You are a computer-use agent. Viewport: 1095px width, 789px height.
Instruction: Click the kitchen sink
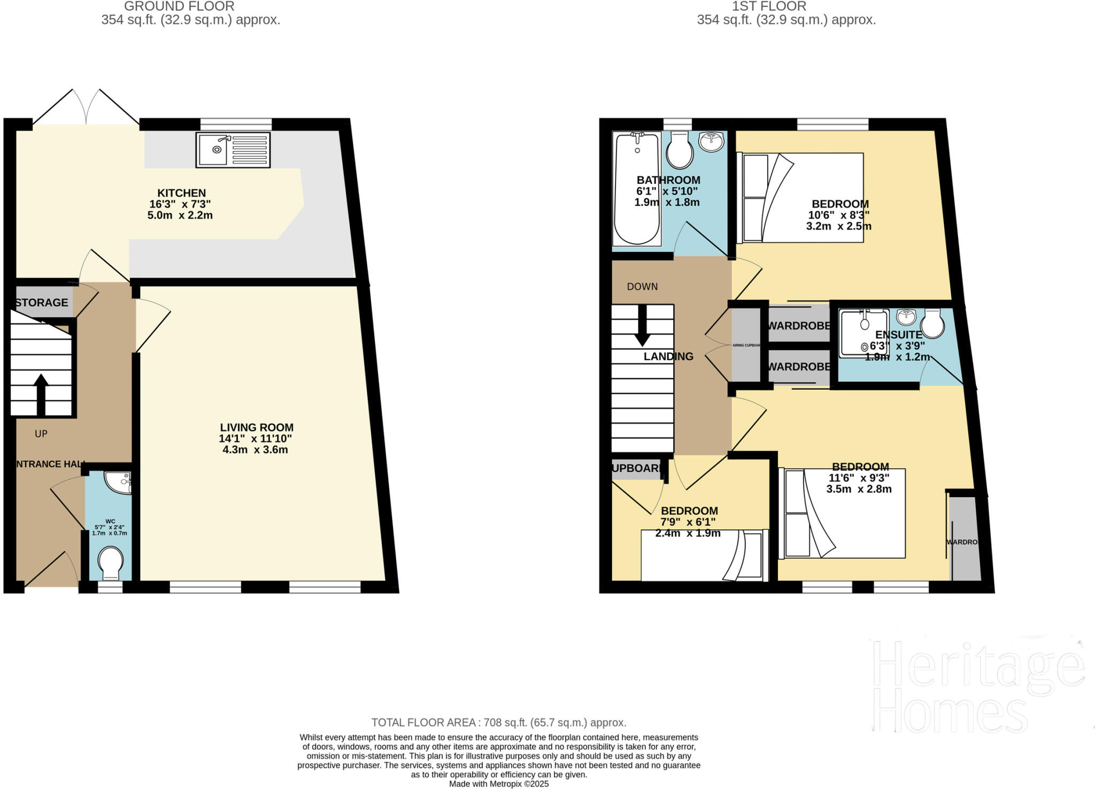[x=233, y=149]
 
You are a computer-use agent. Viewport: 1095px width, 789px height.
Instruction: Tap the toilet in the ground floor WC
[x=111, y=563]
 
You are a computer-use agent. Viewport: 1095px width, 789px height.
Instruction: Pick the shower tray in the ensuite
[x=863, y=332]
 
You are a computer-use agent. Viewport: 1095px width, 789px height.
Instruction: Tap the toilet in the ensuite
[x=932, y=323]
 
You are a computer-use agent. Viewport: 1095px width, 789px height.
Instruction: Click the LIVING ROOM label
[x=257, y=428]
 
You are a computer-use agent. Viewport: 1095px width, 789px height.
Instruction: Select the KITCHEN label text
[x=181, y=193]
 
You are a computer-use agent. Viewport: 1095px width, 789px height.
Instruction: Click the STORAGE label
[x=42, y=303]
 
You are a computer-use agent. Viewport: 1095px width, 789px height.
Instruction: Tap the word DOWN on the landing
[x=642, y=287]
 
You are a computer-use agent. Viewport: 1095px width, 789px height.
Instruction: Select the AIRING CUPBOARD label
[x=746, y=345]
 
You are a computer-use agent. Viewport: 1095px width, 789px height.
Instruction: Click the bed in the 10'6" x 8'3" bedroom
[x=800, y=197]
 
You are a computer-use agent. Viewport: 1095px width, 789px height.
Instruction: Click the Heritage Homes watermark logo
[x=977, y=687]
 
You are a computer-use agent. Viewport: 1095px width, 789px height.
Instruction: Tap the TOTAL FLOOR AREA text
[x=498, y=723]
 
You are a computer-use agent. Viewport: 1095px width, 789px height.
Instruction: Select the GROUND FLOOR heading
[x=179, y=6]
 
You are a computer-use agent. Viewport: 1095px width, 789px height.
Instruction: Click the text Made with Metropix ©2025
[x=498, y=784]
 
